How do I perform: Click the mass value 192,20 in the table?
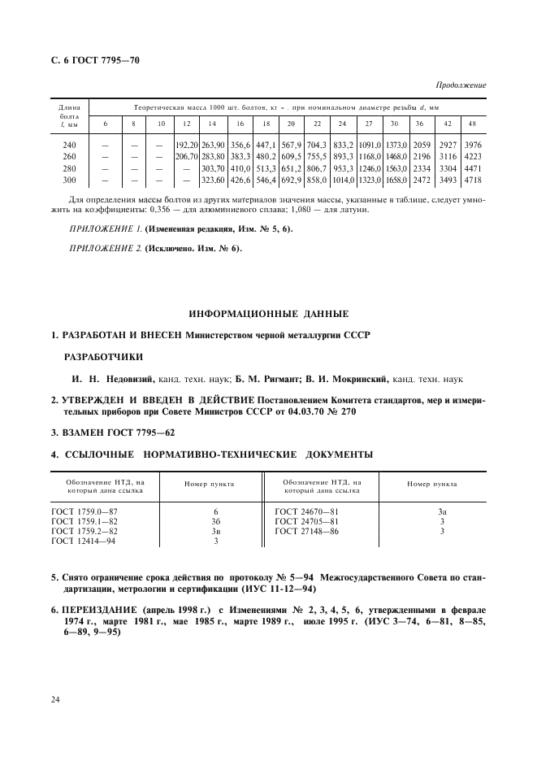pyautogui.click(x=187, y=144)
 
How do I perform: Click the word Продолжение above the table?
pyautogui.click(x=461, y=85)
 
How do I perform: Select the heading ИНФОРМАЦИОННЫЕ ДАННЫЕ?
pyautogui.click(x=268, y=313)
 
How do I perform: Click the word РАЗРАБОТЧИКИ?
pyautogui.click(x=102, y=356)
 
